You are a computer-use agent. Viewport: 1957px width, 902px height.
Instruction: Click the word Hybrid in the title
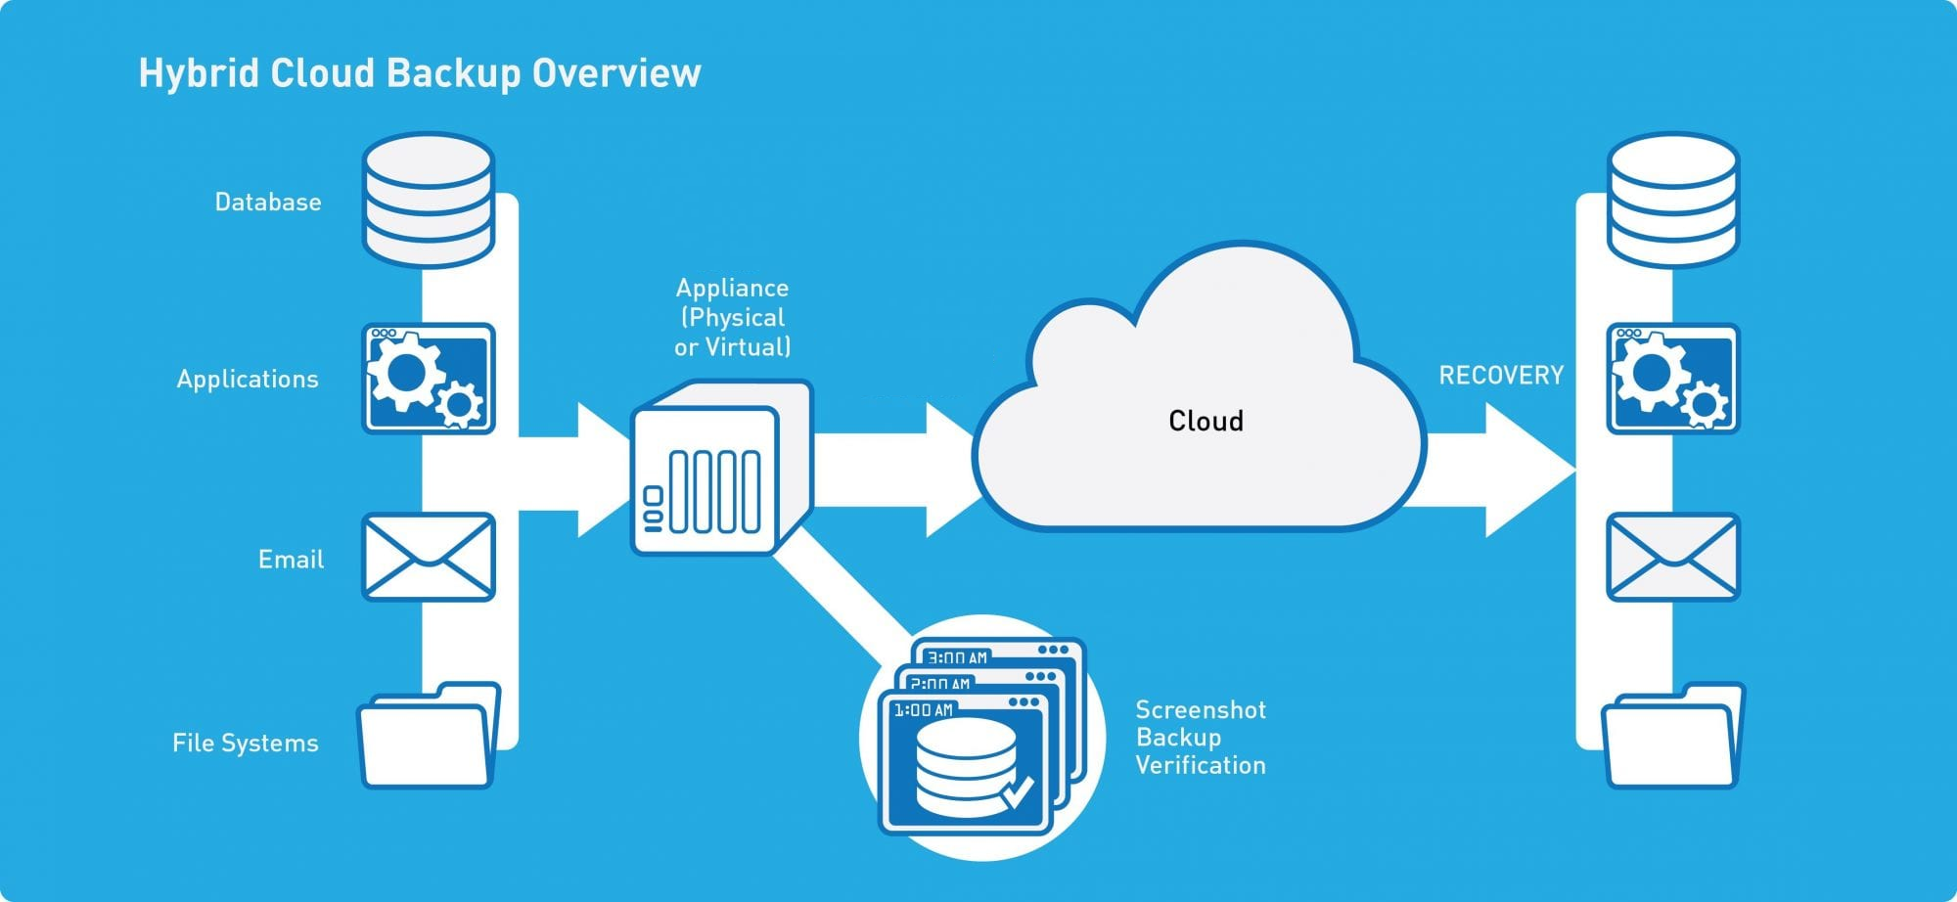200,74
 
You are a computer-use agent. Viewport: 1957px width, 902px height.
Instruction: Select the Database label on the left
268,202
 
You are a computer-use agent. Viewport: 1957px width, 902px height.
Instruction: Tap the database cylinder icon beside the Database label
429,201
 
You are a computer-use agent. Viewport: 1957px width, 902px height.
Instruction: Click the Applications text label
248,380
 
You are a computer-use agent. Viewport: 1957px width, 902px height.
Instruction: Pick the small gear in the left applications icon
458,403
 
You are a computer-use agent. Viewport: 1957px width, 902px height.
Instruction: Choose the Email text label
291,559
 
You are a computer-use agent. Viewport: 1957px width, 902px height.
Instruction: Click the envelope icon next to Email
429,557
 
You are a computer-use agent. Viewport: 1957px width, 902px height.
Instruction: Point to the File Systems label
246,743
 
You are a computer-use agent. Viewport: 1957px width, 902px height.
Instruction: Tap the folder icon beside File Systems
429,735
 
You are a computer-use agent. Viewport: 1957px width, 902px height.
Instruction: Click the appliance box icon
722,468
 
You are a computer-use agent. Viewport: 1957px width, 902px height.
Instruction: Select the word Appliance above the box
732,288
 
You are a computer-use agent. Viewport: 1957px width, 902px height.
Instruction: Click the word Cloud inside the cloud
1206,421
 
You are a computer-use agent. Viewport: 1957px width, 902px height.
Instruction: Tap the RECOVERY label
1501,376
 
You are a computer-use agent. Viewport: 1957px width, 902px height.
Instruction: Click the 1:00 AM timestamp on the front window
923,710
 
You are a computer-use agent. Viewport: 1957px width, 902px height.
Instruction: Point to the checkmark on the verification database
1018,790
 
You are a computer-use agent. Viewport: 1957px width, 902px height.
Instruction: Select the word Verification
1201,765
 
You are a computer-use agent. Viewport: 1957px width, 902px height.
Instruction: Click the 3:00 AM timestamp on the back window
957,657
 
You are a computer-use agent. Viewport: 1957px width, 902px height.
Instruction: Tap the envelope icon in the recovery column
1673,557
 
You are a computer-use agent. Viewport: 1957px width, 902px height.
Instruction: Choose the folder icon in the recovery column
1673,735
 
